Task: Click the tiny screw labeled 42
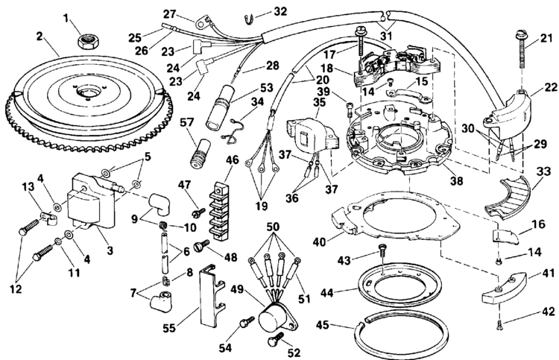click(x=497, y=323)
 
